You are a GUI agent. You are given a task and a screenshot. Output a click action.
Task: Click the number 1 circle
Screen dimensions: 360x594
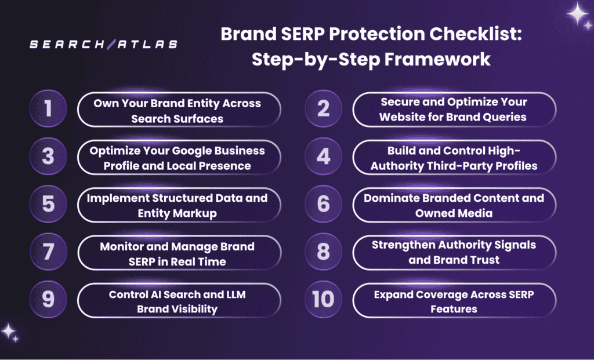coord(47,110)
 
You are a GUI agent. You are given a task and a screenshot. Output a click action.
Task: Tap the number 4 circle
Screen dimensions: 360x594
coord(323,157)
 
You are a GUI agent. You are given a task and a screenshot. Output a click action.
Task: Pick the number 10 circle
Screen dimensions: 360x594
coord(323,299)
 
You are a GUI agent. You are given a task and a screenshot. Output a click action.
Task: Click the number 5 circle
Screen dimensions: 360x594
coord(47,204)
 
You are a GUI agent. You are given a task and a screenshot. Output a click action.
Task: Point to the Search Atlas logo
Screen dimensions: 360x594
coord(104,45)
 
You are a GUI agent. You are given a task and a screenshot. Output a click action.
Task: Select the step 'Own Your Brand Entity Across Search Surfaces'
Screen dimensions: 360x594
coord(178,110)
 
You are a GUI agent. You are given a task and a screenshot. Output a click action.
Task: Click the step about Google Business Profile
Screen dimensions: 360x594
coord(178,158)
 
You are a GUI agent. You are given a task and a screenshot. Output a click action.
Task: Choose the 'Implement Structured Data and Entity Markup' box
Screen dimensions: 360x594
coord(178,205)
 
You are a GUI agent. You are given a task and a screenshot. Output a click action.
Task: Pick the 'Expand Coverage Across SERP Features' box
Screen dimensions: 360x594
coord(454,301)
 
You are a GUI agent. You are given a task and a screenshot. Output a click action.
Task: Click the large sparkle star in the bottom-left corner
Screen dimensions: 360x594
coord(9,331)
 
